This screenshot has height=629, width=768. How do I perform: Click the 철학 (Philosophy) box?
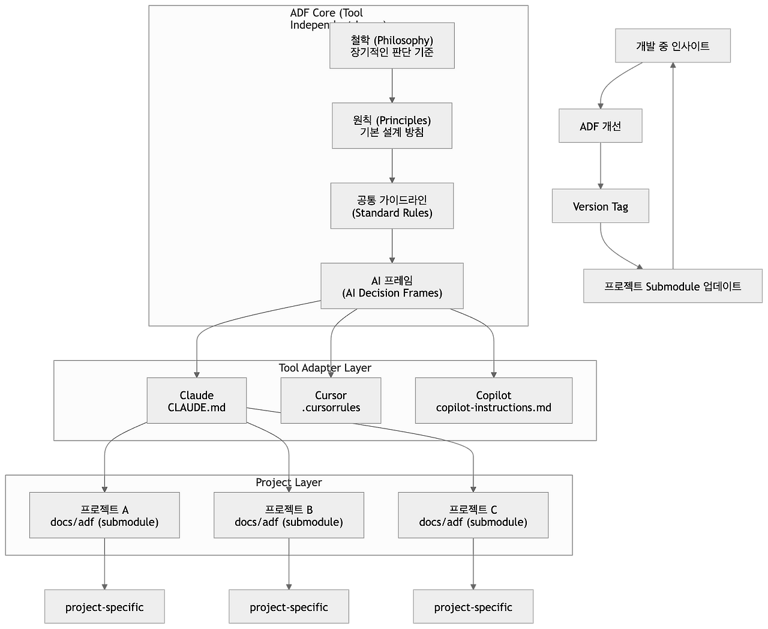click(392, 46)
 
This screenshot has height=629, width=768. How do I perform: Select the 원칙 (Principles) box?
click(392, 125)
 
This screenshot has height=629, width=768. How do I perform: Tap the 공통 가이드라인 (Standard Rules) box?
click(392, 206)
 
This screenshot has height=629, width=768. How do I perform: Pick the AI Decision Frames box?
click(392, 286)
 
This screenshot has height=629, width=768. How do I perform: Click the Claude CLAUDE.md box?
click(197, 400)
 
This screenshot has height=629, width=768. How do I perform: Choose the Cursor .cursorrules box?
click(331, 400)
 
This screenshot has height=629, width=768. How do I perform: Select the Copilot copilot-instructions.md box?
click(493, 400)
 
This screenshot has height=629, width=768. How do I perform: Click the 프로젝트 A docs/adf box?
click(104, 515)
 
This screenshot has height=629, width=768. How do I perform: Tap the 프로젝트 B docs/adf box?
click(289, 515)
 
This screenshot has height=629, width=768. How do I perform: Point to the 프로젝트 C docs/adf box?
click(473, 515)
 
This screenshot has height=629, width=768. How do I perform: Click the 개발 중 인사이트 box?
click(673, 46)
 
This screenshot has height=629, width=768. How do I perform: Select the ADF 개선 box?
click(600, 126)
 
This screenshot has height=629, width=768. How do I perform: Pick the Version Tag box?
click(600, 206)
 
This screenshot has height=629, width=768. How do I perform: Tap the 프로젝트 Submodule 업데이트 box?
click(673, 286)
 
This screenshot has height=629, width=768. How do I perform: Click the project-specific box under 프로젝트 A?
click(104, 607)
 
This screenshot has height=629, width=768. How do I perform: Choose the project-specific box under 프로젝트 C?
click(473, 607)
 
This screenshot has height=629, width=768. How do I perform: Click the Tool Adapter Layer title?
click(325, 368)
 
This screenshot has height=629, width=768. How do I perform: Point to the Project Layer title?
click(289, 483)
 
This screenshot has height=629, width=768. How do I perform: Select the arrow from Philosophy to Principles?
click(392, 85)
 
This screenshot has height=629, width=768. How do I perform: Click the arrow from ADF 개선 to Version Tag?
click(600, 166)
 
